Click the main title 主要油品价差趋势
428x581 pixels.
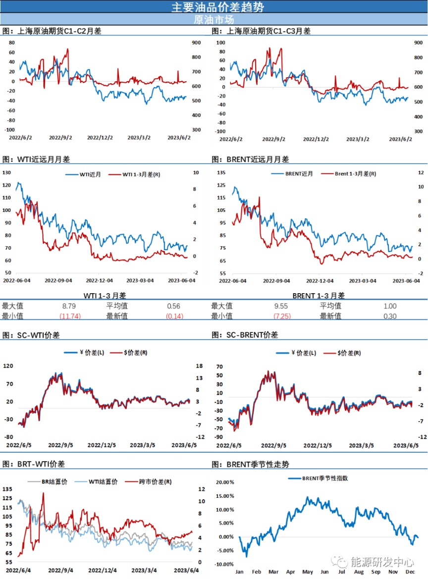tap(214, 7)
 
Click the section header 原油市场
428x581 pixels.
tap(214, 20)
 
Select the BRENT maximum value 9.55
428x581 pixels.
tap(281, 306)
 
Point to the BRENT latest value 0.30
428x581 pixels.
tap(390, 316)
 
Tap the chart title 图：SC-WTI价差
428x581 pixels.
tap(31, 335)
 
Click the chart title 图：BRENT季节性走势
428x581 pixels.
tap(250, 465)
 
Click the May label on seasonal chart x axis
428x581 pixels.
tap(307, 572)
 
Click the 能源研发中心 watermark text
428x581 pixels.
tap(381, 562)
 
